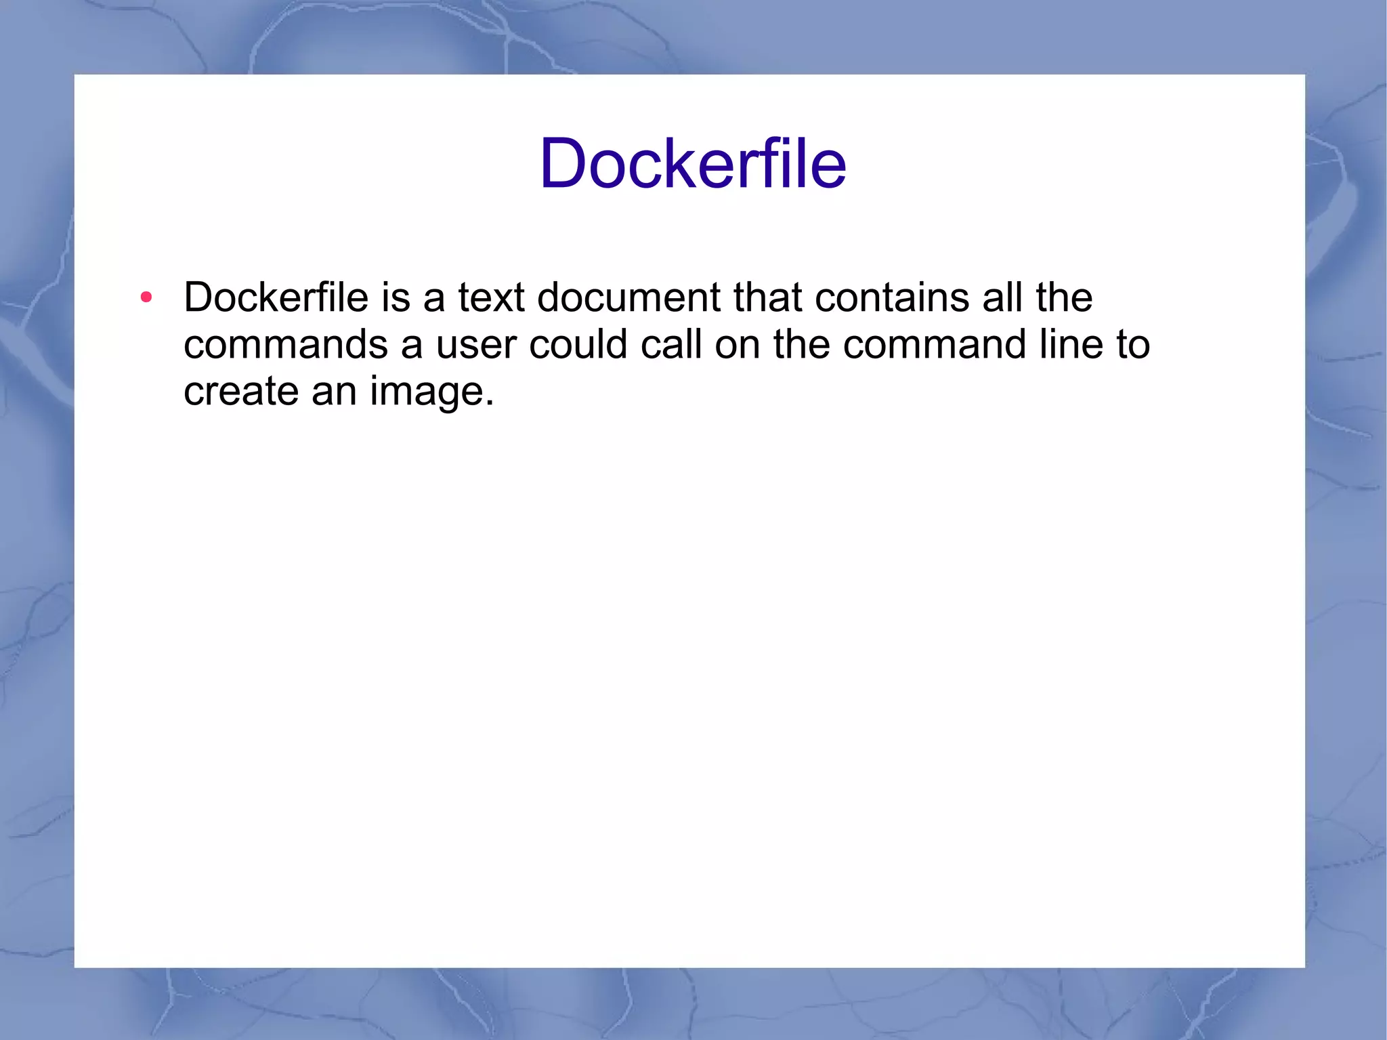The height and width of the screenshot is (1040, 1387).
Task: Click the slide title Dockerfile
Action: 692,164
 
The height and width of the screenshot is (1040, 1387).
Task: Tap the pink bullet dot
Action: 146,297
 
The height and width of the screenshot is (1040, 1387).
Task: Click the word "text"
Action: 491,297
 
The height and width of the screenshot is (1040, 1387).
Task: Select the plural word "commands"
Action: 285,344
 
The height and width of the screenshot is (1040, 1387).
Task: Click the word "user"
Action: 476,346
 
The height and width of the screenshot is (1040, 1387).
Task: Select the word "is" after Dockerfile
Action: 396,297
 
